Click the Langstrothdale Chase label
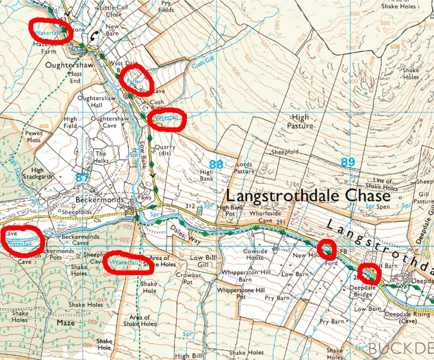(x=308, y=196)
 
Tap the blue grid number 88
(x=216, y=164)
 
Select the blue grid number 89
(x=348, y=162)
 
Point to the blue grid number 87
(x=82, y=177)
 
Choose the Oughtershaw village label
(x=69, y=65)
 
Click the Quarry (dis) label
(x=165, y=150)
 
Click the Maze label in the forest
(x=66, y=323)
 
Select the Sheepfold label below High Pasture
(x=285, y=152)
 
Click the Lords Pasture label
(x=245, y=168)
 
